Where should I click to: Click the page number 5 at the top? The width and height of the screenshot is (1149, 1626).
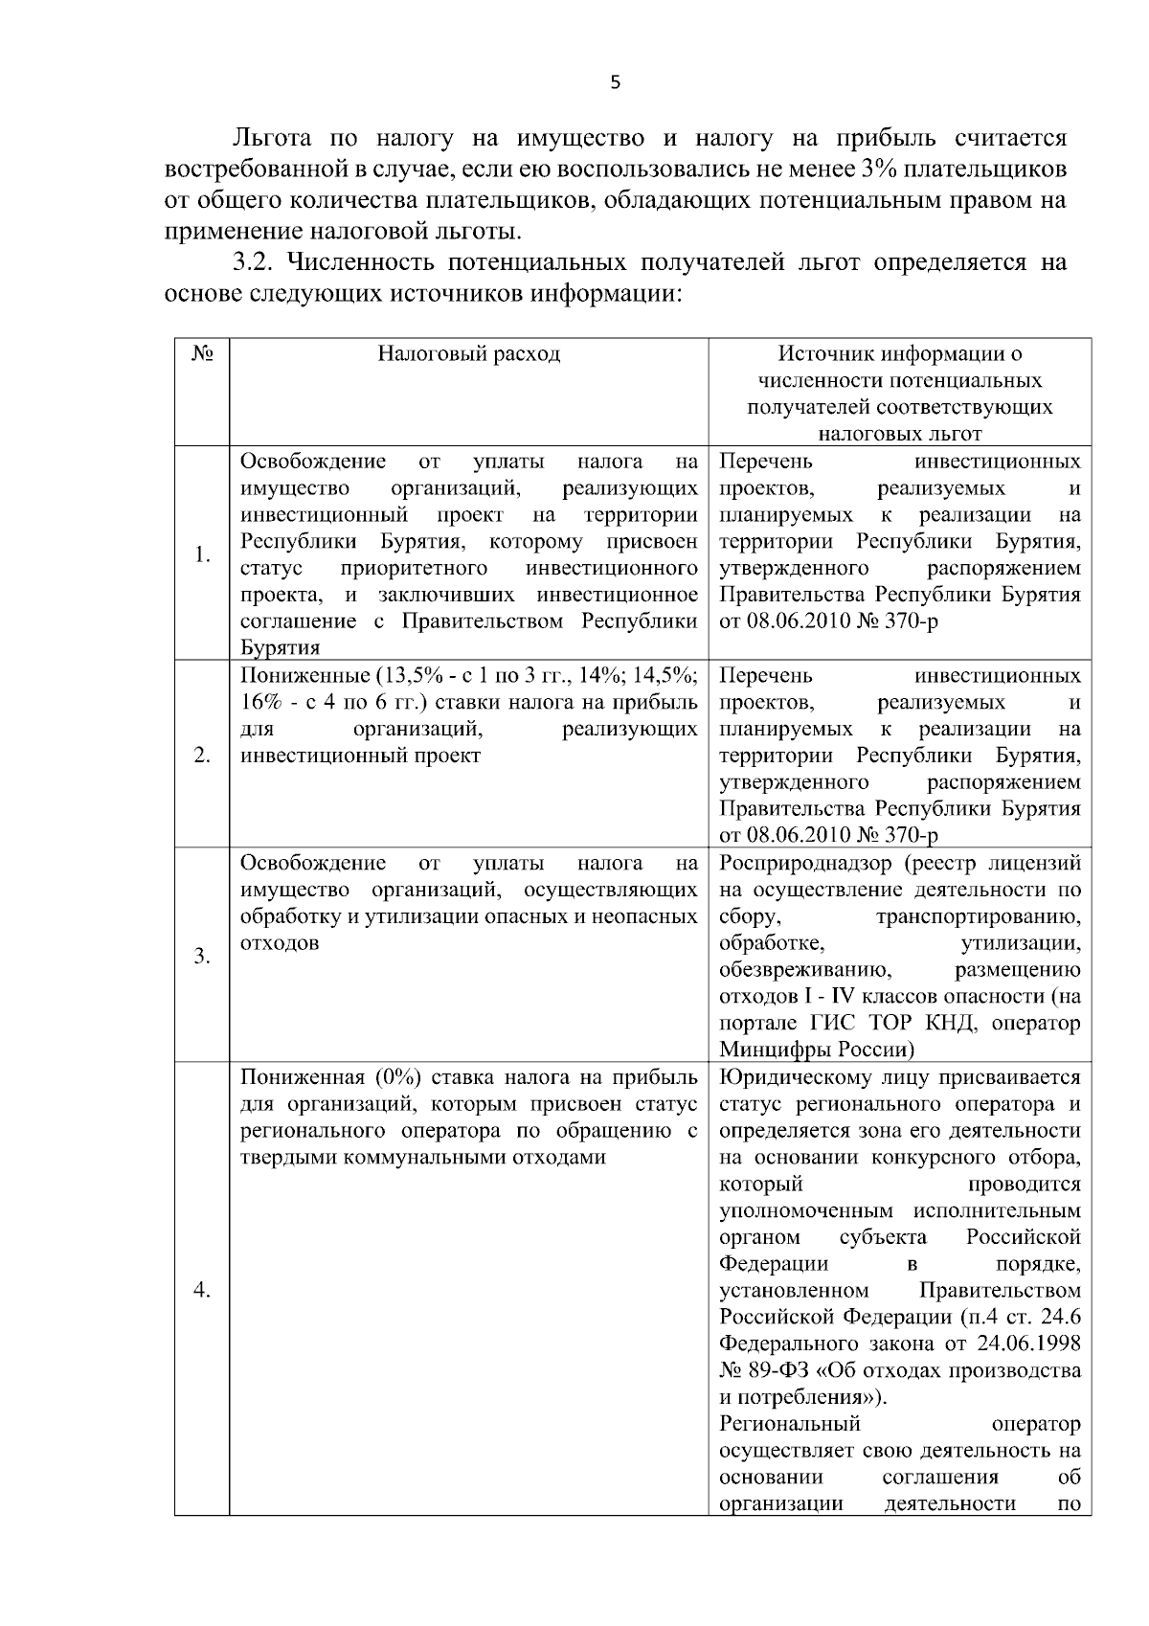click(x=615, y=83)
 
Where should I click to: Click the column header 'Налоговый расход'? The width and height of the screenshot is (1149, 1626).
click(x=468, y=354)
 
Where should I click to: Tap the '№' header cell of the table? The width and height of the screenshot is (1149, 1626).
click(x=201, y=354)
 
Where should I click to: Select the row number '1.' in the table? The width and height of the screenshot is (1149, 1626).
click(x=202, y=554)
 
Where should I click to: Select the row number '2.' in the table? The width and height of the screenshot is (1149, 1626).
click(x=202, y=756)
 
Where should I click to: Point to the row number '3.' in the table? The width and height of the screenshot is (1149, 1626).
click(x=202, y=956)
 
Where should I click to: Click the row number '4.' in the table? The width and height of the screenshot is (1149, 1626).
click(x=202, y=1290)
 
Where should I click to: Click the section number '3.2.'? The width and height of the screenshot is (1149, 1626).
click(x=255, y=262)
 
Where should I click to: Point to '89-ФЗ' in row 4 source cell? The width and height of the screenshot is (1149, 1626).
click(x=778, y=1370)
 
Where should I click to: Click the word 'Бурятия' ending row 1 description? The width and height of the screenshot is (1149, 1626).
click(x=280, y=648)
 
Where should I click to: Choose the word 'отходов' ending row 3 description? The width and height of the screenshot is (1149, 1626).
click(x=279, y=943)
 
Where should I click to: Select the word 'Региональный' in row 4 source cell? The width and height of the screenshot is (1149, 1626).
click(x=790, y=1423)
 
